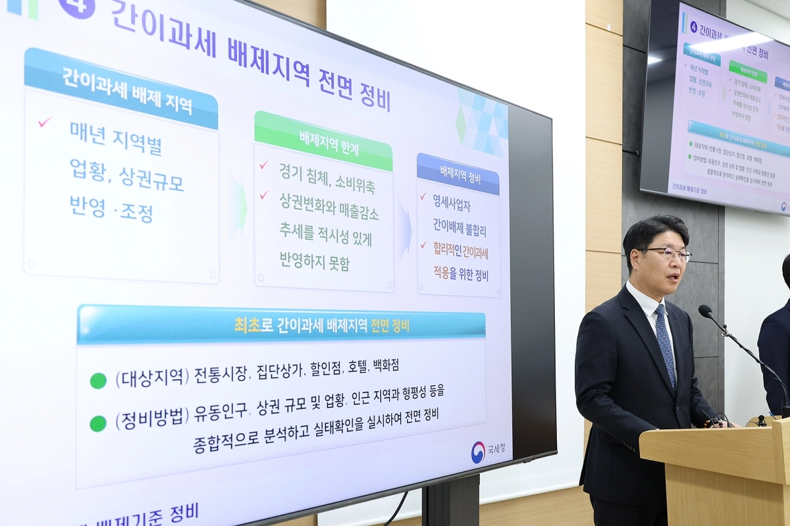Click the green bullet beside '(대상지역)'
click(x=98, y=381)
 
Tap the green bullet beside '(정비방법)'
click(x=98, y=423)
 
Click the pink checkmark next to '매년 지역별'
click(x=45, y=122)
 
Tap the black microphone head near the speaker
click(x=706, y=310)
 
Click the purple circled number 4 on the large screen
click(x=77, y=6)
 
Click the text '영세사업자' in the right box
click(x=452, y=205)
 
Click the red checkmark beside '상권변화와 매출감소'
click(x=264, y=195)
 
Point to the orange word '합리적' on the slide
click(x=445, y=248)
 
